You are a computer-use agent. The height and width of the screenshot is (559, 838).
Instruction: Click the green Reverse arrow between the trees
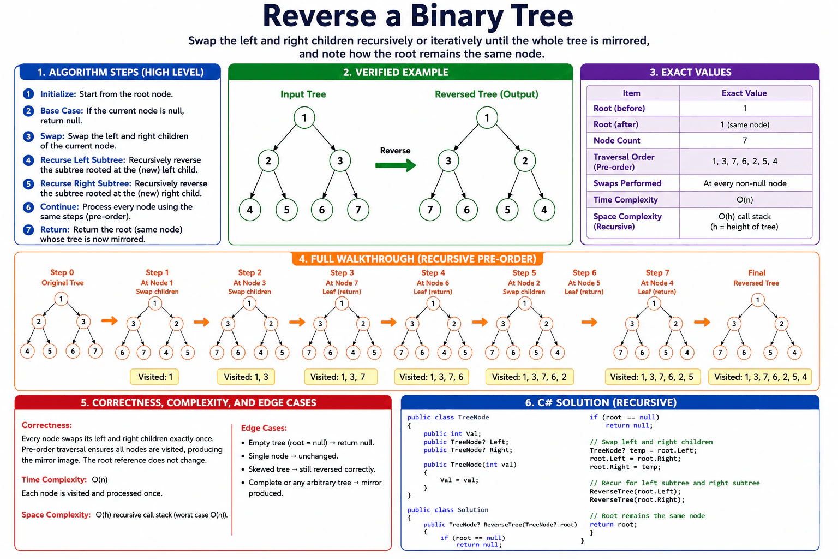[396, 165]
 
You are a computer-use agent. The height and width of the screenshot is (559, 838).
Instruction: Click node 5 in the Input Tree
[286, 210]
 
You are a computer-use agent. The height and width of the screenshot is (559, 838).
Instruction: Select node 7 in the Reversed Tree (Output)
[430, 210]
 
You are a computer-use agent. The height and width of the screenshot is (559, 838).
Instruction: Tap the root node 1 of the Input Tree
[304, 118]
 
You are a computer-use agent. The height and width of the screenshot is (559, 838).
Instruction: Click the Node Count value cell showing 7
[745, 140]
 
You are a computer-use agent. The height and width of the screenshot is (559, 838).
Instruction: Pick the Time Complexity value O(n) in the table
[745, 200]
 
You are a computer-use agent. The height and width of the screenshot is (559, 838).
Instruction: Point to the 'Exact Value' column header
[744, 93]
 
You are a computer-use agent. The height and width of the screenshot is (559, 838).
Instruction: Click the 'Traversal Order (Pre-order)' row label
[624, 162]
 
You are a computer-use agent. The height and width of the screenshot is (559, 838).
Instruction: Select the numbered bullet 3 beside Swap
[28, 136]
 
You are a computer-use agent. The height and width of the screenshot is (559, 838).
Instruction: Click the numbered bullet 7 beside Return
[28, 229]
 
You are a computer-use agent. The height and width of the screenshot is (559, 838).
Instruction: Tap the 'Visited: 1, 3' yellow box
[246, 377]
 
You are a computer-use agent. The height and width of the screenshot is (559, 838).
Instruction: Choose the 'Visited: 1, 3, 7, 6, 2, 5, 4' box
[760, 377]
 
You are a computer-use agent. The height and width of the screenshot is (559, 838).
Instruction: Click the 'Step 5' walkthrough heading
[524, 273]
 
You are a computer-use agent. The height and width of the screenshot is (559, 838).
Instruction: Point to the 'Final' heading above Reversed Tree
[757, 273]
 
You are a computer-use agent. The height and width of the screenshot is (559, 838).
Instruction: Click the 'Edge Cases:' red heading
[264, 428]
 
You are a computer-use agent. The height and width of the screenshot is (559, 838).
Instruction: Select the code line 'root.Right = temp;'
[625, 467]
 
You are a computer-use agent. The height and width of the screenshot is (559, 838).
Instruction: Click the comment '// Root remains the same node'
[647, 515]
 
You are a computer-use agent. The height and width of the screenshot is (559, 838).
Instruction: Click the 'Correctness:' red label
[47, 425]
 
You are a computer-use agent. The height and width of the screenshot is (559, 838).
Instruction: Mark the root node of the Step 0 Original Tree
[61, 299]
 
